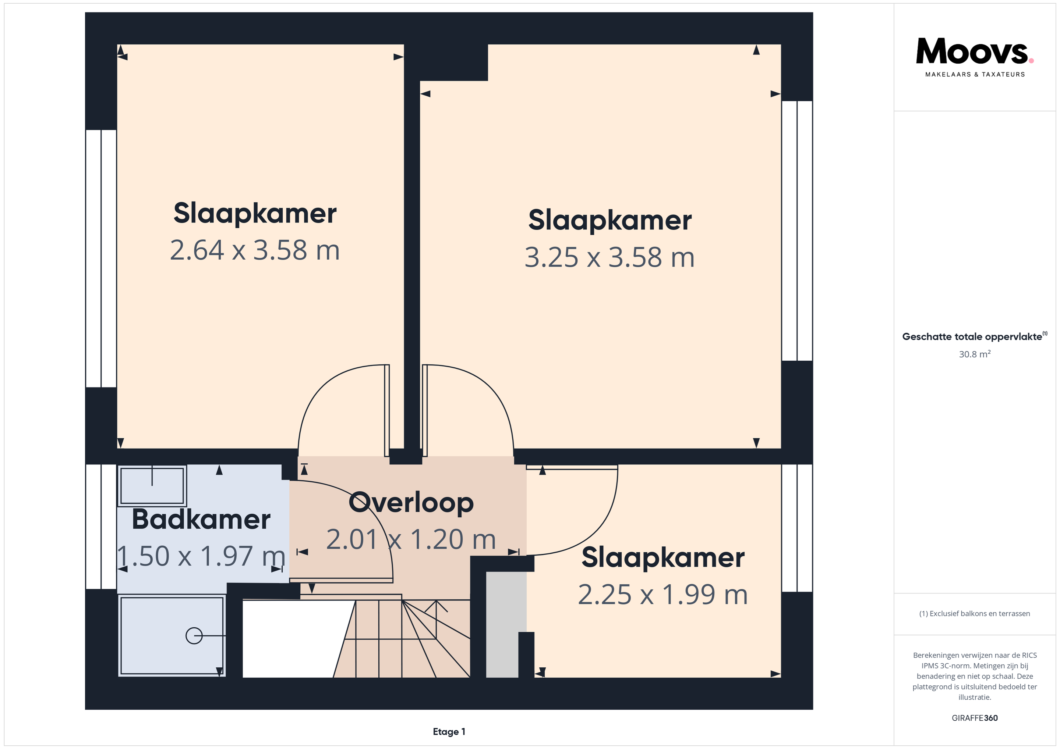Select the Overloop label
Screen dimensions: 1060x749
(x=411, y=503)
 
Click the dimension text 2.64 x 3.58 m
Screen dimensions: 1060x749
(x=255, y=250)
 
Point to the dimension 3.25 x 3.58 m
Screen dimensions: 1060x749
(x=609, y=257)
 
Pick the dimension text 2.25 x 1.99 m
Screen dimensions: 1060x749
(x=663, y=595)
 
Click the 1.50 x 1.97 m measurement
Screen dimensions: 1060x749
(x=201, y=556)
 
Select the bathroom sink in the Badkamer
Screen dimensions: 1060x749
(x=152, y=486)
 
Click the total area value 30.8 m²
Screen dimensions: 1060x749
(x=975, y=354)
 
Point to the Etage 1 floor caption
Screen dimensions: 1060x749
(x=449, y=731)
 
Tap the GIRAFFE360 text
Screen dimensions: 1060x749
(x=975, y=718)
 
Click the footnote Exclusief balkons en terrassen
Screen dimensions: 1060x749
(x=975, y=613)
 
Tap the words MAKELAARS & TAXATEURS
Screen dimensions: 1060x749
(x=975, y=74)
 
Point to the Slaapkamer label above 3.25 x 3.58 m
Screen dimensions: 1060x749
(x=610, y=221)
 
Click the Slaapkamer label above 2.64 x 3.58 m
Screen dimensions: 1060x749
(x=255, y=214)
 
